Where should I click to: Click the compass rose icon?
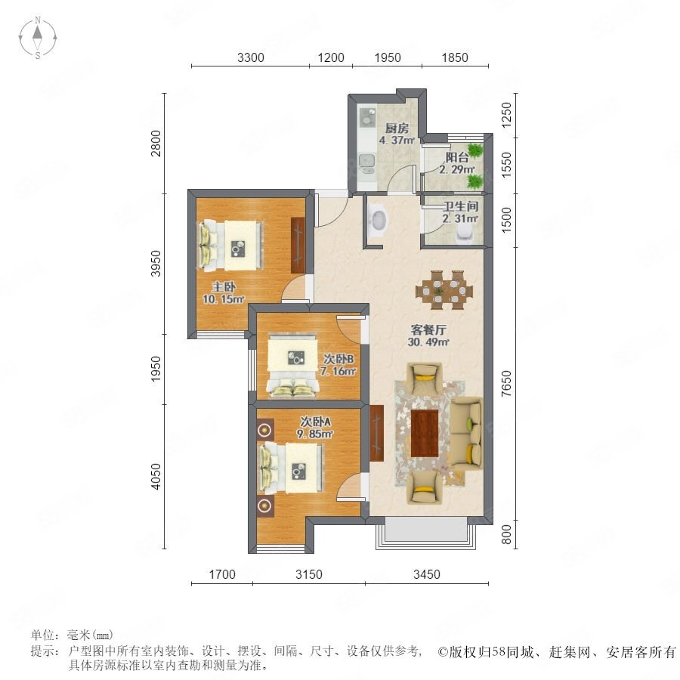pyautogui.click(x=38, y=38)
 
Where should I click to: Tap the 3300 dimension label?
pyautogui.click(x=251, y=57)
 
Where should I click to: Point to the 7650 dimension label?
pyautogui.click(x=506, y=383)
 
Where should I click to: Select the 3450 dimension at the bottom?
pyautogui.click(x=427, y=574)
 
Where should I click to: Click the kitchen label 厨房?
pyautogui.click(x=397, y=128)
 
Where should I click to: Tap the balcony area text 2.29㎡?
pyautogui.click(x=456, y=169)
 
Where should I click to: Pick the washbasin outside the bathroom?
pyautogui.click(x=379, y=220)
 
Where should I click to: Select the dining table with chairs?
pyautogui.click(x=444, y=289)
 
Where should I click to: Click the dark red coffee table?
pyautogui.click(x=424, y=433)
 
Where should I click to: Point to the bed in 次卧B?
pyautogui.click(x=292, y=365)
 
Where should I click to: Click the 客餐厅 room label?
pyautogui.click(x=428, y=329)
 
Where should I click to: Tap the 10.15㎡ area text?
pyautogui.click(x=224, y=299)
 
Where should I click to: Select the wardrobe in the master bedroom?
pyautogui.click(x=298, y=245)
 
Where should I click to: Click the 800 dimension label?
pyautogui.click(x=506, y=534)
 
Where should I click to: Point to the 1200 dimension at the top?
pyautogui.click(x=331, y=57)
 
